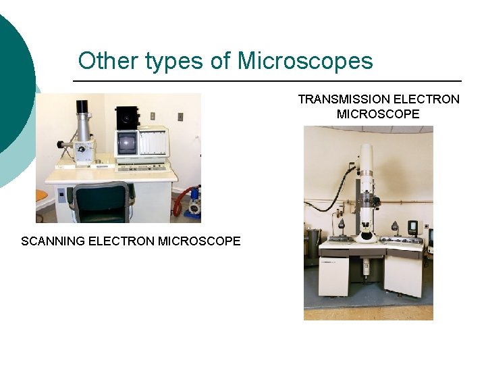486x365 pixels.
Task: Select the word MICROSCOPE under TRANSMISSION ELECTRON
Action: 378,114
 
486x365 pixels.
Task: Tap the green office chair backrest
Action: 101,202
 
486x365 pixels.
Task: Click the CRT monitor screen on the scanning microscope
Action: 126,143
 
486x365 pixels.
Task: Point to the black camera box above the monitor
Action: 126,117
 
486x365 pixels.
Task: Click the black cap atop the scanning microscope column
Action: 82,106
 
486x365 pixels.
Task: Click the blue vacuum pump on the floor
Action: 195,201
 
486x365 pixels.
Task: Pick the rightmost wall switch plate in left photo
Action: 180,116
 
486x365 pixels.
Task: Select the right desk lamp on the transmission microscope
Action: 394,226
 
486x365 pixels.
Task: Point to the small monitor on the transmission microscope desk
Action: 412,226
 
